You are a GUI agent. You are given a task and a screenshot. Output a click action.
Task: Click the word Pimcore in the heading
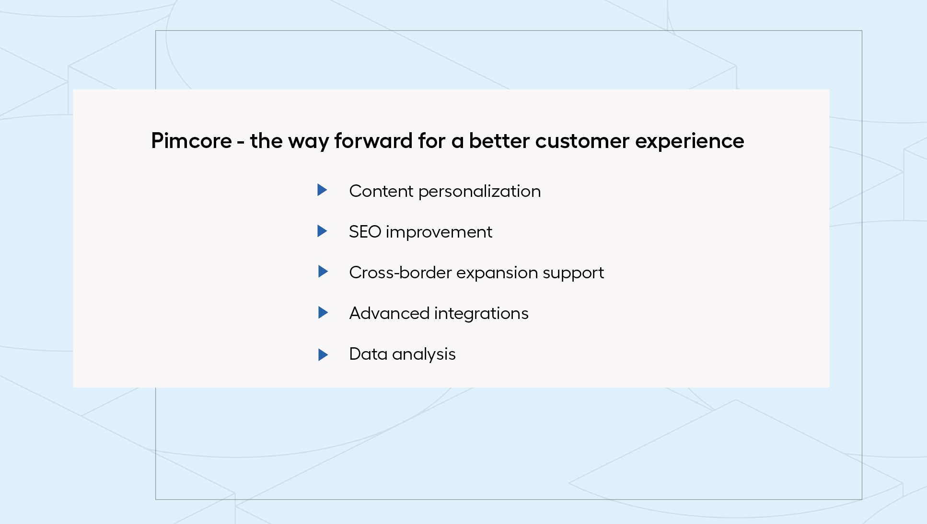pyautogui.click(x=191, y=141)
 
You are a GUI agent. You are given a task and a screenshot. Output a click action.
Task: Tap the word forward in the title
pyautogui.click(x=373, y=141)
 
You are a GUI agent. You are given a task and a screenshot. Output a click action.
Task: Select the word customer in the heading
pyautogui.click(x=582, y=141)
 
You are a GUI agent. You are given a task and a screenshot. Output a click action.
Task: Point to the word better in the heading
pyautogui.click(x=499, y=141)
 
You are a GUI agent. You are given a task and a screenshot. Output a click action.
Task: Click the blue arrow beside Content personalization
pyautogui.click(x=323, y=190)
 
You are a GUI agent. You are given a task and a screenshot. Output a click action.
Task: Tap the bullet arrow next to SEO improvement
pyautogui.click(x=323, y=231)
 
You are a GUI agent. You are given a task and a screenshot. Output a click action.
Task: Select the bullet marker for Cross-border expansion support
pyautogui.click(x=323, y=272)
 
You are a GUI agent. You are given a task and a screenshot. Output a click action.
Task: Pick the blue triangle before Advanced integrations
pyautogui.click(x=323, y=313)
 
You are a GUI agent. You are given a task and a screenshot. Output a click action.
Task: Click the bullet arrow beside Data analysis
pyautogui.click(x=323, y=355)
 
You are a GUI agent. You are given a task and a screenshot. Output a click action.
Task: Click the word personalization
pyautogui.click(x=479, y=192)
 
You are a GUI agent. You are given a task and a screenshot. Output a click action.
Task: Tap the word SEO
pyautogui.click(x=365, y=232)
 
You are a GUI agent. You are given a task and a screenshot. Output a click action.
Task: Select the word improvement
pyautogui.click(x=439, y=232)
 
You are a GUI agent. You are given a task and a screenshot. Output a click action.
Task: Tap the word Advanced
pyautogui.click(x=389, y=313)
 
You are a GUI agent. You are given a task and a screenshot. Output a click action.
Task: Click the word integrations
pyautogui.click(x=481, y=314)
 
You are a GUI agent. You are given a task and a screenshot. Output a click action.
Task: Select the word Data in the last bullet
pyautogui.click(x=368, y=354)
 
